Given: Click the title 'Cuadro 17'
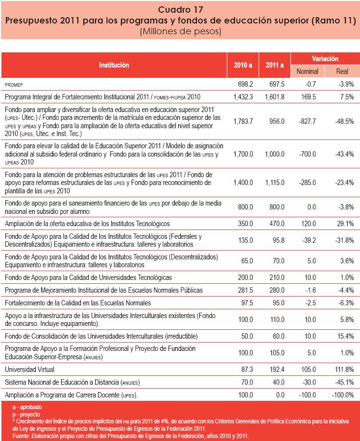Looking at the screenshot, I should pos(180,9).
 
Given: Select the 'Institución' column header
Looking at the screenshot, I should pos(114,65).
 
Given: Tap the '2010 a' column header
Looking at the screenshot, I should pos(243,65).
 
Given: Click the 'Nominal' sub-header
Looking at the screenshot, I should pos(307,71).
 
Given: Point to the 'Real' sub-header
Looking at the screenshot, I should pos(342,71).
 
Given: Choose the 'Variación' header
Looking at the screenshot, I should pos(325,59).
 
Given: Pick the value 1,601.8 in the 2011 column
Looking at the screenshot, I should pos(274,97).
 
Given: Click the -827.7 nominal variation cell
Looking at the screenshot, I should pos(307,121).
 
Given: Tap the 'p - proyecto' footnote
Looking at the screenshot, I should pos(27,414).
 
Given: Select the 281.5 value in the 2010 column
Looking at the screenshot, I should pos(244,290).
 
